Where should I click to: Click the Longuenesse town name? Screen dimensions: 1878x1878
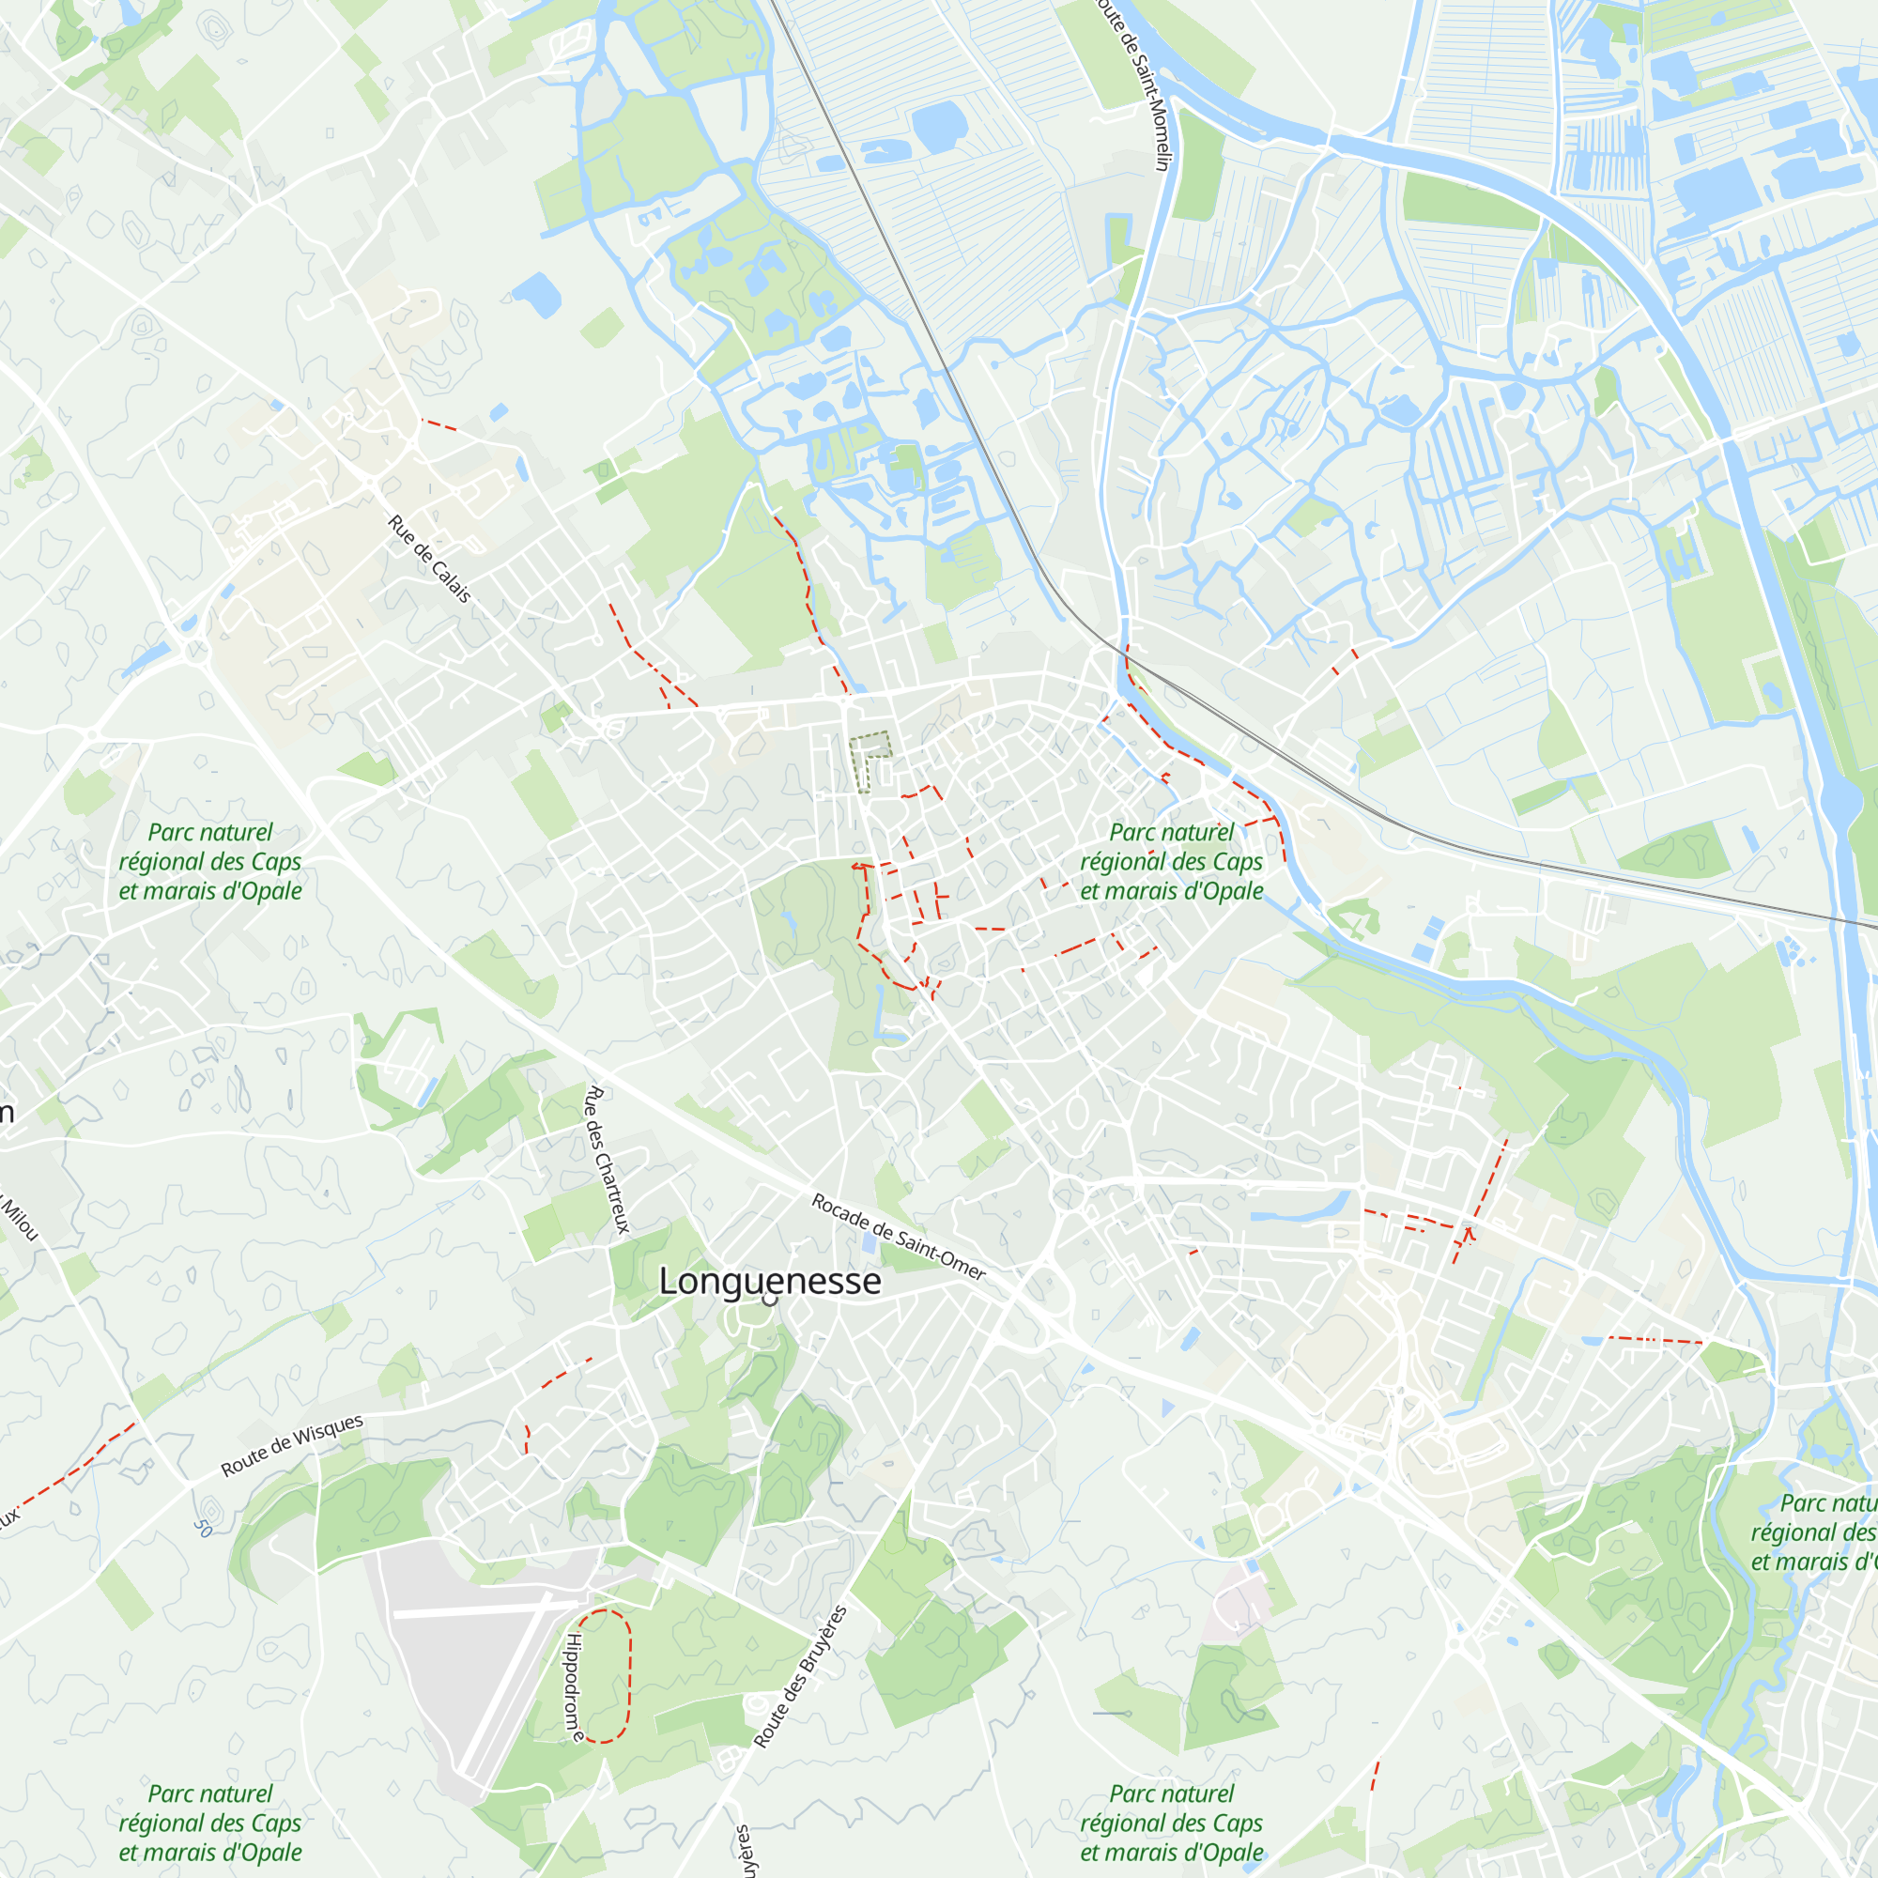pos(770,1281)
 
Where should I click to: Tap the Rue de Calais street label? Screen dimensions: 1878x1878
pos(429,558)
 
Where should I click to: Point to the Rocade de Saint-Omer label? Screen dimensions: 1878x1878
pos(899,1238)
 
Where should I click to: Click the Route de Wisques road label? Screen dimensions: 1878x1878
pos(292,1445)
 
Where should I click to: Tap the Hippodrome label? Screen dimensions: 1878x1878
pos(575,1687)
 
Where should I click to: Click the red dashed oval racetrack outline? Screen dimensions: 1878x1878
pos(629,1675)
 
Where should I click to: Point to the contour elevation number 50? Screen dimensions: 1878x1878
pos(202,1527)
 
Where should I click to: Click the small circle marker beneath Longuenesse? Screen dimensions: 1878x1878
pos(771,1301)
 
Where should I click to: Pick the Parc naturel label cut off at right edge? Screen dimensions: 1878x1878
pos(1814,1533)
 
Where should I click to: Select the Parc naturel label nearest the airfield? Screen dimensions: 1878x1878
pos(210,1823)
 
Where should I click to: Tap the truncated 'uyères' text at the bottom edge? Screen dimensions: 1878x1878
pos(743,1852)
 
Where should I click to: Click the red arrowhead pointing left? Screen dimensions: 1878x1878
pos(855,865)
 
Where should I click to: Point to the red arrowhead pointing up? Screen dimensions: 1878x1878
pos(1468,1232)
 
